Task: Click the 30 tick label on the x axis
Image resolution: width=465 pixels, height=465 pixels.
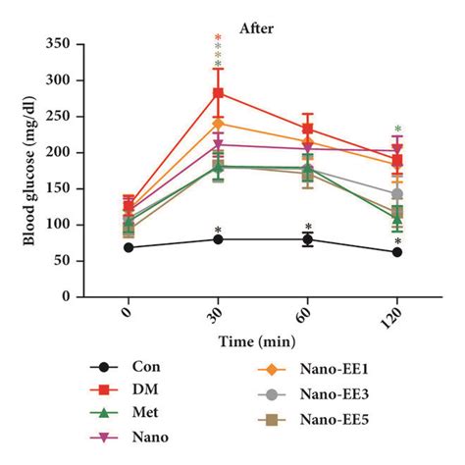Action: coord(217,318)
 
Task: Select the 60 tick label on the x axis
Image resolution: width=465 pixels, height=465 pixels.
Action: coord(306,318)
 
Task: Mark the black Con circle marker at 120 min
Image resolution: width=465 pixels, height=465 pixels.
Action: coord(397,252)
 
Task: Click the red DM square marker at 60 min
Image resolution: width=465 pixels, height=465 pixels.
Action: coord(308,129)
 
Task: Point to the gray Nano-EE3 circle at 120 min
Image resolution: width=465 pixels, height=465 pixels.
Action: coord(397,194)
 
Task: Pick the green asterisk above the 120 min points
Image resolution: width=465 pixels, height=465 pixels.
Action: coord(397,129)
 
